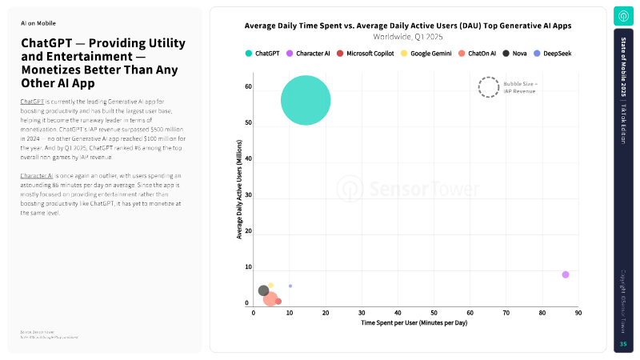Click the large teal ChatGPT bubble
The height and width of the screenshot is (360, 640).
pos(306,100)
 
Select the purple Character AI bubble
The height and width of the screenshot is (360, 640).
pos(566,274)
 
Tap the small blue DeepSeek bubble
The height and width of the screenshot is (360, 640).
pos(290,286)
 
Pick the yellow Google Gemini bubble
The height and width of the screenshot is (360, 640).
pos(271,285)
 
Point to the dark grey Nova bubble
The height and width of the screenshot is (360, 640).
pos(263,291)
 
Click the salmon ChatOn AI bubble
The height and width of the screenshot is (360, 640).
pos(270,299)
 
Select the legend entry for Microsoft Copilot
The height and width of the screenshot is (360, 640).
pos(370,53)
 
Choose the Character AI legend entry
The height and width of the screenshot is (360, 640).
pos(308,53)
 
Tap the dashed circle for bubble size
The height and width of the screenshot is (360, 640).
pos(488,87)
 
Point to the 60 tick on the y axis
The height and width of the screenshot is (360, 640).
pos(248,86)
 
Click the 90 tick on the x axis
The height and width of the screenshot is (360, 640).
pos(578,313)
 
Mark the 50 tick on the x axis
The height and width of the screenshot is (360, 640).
pos(434,313)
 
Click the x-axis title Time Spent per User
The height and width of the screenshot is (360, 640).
pos(414,323)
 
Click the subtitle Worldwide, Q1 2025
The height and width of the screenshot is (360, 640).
pos(408,37)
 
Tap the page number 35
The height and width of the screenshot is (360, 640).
pos(623,344)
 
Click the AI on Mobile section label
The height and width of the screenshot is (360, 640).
pos(38,23)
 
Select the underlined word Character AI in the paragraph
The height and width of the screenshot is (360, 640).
pos(38,174)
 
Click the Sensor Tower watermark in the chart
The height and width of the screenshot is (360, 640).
pos(408,190)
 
